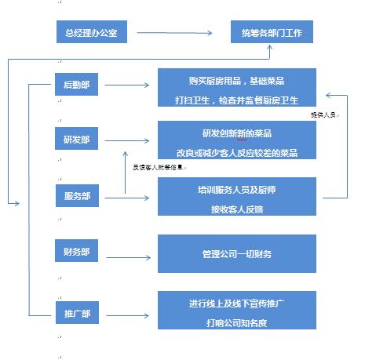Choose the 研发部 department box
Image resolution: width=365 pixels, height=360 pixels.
(76, 140)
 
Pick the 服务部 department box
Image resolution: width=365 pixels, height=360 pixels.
(76, 196)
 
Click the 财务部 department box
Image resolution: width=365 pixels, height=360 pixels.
(76, 253)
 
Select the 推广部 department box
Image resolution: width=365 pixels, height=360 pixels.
(76, 315)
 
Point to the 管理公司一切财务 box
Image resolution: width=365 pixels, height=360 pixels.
(236, 254)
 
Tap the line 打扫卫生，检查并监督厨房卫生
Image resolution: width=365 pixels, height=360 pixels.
(236, 99)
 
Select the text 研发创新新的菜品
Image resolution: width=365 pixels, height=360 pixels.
(236, 133)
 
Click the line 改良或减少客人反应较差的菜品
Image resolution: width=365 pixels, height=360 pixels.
(236, 151)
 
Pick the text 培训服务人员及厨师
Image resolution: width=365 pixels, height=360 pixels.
(236, 189)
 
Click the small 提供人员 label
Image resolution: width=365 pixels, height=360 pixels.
(323, 115)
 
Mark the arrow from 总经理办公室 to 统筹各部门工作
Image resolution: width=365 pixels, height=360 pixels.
(175, 34)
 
